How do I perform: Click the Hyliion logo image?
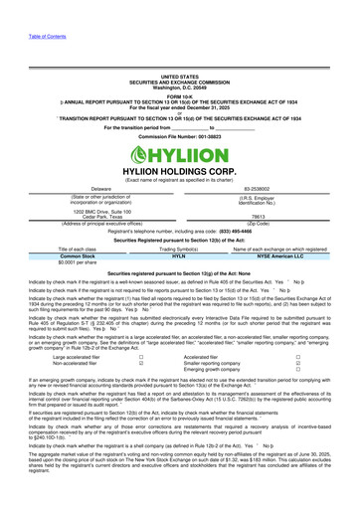(179, 156)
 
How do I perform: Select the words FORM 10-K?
(179, 95)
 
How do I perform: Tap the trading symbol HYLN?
(179, 256)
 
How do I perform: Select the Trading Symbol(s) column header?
(179, 249)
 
